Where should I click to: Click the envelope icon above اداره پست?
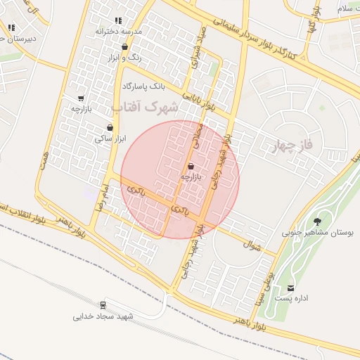[x=291, y=288]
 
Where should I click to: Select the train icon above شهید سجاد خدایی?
[x=103, y=304]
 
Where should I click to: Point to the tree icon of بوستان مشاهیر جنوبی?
[x=326, y=219]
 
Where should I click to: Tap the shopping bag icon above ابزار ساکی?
[x=110, y=127]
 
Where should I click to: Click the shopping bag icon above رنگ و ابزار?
[x=125, y=47]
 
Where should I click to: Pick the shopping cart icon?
[x=82, y=98]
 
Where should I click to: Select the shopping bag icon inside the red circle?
[x=191, y=166]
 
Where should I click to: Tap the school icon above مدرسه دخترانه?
[x=117, y=21]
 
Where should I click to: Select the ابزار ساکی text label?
[x=110, y=139]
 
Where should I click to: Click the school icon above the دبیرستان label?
[x=11, y=27]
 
